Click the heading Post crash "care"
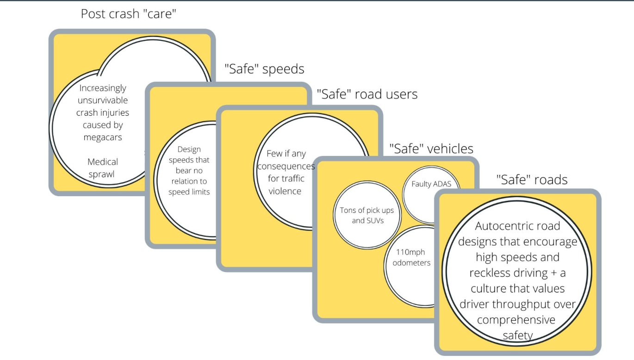click(129, 14)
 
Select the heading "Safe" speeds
click(264, 69)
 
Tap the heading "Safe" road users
click(367, 94)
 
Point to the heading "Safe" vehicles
click(431, 149)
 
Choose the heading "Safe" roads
click(532, 180)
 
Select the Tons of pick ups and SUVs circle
click(363, 215)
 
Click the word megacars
click(103, 137)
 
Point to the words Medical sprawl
click(103, 168)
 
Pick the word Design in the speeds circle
click(189, 149)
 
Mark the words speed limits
click(189, 192)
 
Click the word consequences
click(286, 166)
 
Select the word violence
click(285, 191)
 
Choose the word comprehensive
click(516, 320)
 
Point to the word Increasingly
click(103, 88)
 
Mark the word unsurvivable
click(103, 100)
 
